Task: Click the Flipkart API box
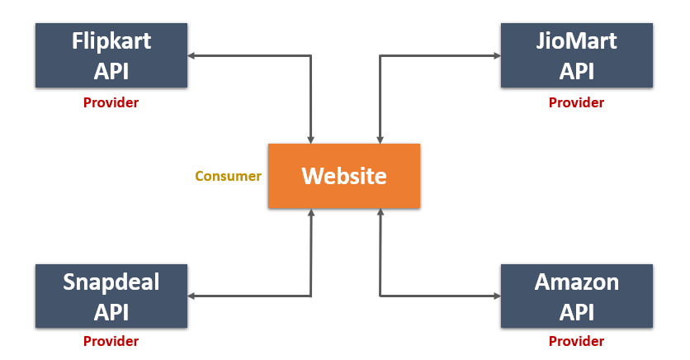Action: click(111, 55)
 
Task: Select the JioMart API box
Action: click(576, 55)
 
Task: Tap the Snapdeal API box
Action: click(111, 296)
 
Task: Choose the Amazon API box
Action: click(576, 296)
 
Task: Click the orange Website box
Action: click(344, 176)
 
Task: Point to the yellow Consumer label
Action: click(228, 176)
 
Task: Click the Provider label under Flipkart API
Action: click(111, 102)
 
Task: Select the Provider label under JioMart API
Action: click(576, 102)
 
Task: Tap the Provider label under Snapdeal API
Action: click(111, 341)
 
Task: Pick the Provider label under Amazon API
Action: click(576, 341)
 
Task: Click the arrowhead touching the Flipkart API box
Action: click(191, 55)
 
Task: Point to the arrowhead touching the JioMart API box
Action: click(497, 55)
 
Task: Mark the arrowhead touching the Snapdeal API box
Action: click(191, 296)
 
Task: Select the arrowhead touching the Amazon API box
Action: click(497, 296)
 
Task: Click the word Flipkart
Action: click(111, 42)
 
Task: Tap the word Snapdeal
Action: click(111, 282)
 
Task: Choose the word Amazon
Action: click(576, 282)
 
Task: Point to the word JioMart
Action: click(576, 41)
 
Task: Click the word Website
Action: click(344, 176)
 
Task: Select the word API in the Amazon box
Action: click(576, 312)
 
